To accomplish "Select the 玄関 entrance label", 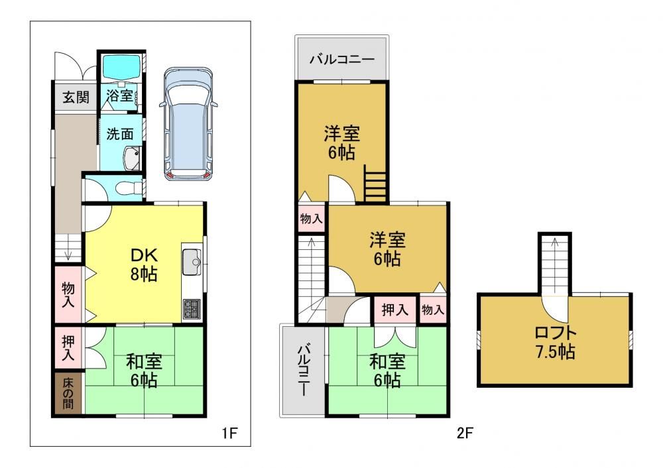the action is click(x=76, y=97).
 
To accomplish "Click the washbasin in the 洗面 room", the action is click(x=132, y=158).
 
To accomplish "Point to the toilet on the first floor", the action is click(x=131, y=186).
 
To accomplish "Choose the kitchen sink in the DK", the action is click(x=191, y=262).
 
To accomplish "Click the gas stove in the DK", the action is click(x=192, y=309).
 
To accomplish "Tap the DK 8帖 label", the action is click(x=144, y=264).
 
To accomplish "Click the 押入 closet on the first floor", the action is click(x=69, y=348).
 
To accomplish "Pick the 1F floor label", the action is click(x=229, y=433).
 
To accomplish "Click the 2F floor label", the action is click(x=465, y=433).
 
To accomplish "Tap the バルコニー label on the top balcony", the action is click(x=341, y=59).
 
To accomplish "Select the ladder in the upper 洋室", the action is click(x=375, y=183).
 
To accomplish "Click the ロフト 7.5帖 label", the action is click(x=555, y=343).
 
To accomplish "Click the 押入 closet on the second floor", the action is click(x=394, y=310).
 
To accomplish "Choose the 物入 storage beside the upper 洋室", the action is click(x=311, y=218).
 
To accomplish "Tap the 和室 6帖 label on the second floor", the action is click(x=387, y=371).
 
